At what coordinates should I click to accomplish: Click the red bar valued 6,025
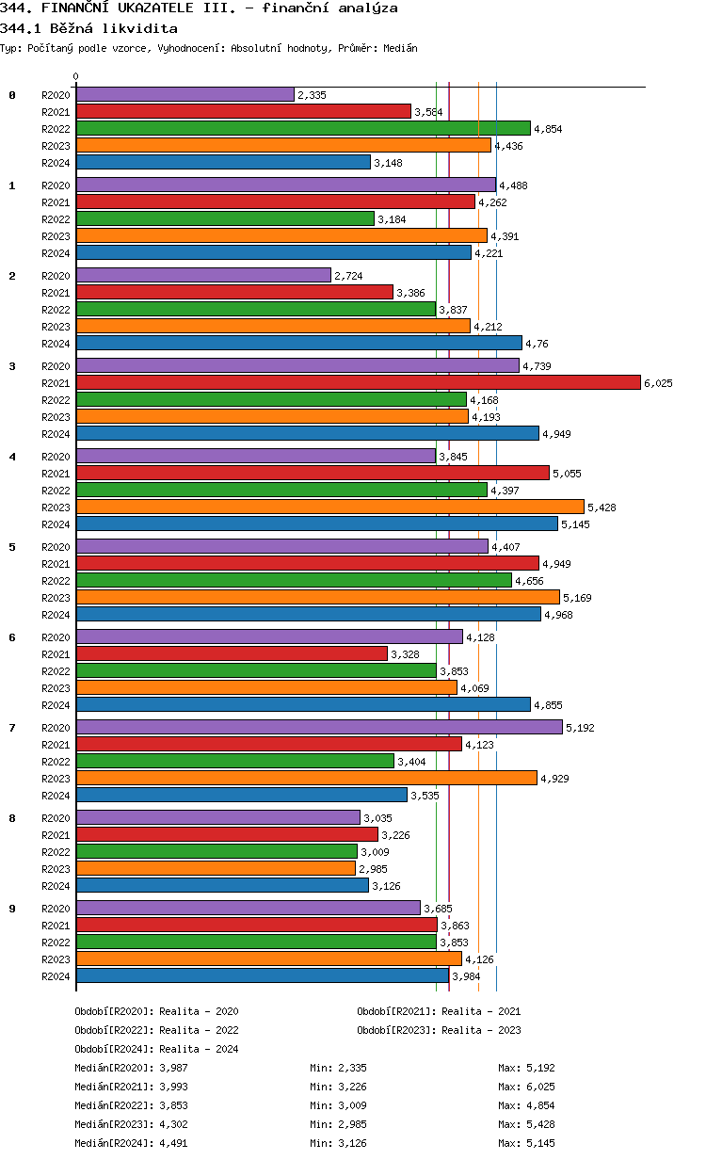point(358,382)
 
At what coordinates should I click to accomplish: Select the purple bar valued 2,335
point(185,95)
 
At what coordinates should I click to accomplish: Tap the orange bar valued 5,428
point(329,507)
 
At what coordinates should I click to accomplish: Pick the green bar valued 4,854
point(303,129)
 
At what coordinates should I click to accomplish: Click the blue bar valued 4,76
point(298,344)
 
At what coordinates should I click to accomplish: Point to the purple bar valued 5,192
point(319,727)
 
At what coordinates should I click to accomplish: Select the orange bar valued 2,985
point(216,868)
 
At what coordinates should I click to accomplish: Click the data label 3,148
point(388,163)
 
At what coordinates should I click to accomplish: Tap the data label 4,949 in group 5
point(556,564)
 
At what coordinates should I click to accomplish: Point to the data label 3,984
point(467,976)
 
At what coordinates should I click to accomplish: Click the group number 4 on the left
point(12,457)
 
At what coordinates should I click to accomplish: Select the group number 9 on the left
point(12,909)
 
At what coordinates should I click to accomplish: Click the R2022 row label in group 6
point(56,671)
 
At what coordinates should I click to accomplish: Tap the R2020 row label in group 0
point(56,95)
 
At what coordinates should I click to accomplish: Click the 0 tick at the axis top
point(76,76)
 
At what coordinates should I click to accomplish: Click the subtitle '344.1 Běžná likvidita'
point(88,28)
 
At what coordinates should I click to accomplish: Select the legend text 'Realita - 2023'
point(481,1030)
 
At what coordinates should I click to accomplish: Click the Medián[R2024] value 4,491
point(168,1143)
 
